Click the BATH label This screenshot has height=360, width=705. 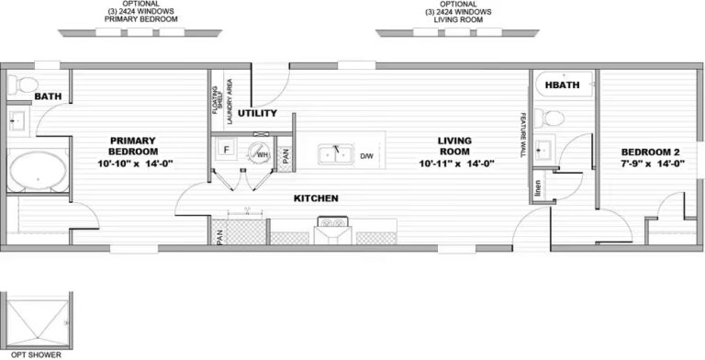click(48, 97)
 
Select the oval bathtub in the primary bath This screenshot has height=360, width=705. click(38, 171)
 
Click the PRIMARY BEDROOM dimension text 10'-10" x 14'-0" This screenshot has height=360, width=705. click(135, 163)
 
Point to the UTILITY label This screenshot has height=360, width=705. click(257, 113)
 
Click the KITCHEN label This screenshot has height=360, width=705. click(316, 198)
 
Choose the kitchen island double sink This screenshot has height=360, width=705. click(336, 153)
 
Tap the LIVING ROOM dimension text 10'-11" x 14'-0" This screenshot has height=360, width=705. click(457, 164)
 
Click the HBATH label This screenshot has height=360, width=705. click(561, 85)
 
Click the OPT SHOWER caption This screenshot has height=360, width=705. click(35, 354)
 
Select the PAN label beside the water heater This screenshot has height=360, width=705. click(286, 156)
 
